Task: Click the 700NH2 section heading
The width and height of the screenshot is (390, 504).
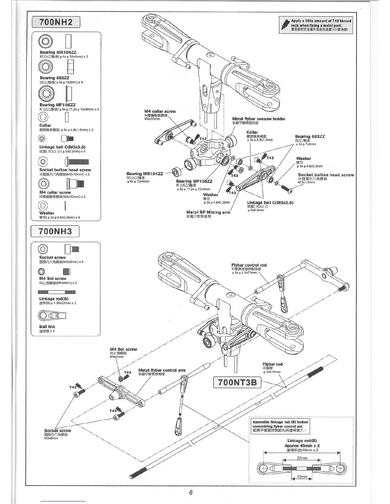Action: (x=56, y=22)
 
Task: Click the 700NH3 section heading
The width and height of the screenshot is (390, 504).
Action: (x=55, y=231)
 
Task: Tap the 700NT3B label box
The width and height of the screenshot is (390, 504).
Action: (x=238, y=382)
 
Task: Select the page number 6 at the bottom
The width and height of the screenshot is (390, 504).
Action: (x=191, y=493)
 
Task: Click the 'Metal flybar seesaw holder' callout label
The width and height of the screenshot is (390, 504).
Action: (x=258, y=119)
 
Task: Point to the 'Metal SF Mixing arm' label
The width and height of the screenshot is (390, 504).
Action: (x=208, y=212)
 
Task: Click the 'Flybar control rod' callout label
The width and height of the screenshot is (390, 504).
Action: (x=249, y=265)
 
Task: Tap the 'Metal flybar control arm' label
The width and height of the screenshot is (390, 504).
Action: (x=162, y=370)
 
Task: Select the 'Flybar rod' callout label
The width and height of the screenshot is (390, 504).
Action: (x=272, y=364)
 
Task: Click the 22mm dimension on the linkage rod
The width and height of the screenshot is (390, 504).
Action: (x=302, y=458)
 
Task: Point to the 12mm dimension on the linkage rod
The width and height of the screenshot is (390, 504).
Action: (x=302, y=477)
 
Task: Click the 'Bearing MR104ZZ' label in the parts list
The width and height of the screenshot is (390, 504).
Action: (x=58, y=52)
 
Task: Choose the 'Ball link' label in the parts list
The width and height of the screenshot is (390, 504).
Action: (x=47, y=326)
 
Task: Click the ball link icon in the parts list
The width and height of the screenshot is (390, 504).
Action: (x=52, y=316)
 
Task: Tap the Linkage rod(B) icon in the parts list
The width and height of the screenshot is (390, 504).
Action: (x=57, y=292)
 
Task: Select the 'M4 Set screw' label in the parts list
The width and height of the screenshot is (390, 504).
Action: (x=53, y=278)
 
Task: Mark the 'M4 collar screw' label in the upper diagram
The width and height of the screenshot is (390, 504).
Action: (x=160, y=111)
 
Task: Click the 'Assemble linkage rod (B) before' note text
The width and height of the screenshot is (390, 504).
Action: (x=280, y=422)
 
